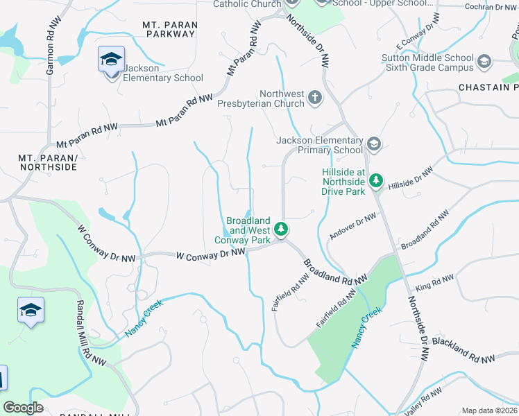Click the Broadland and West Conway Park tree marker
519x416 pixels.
(281, 228)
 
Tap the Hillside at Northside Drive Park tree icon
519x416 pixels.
(375, 181)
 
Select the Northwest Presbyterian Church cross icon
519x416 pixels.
(315, 97)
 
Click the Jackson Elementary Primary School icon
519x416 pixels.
(373, 143)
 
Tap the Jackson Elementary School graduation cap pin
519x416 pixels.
(110, 61)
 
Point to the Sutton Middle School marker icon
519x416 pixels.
(484, 63)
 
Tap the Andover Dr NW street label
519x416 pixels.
(352, 227)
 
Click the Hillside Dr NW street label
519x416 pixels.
(411, 179)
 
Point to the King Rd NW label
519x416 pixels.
(435, 282)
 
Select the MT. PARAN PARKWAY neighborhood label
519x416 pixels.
(170, 30)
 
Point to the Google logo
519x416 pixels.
(24, 408)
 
